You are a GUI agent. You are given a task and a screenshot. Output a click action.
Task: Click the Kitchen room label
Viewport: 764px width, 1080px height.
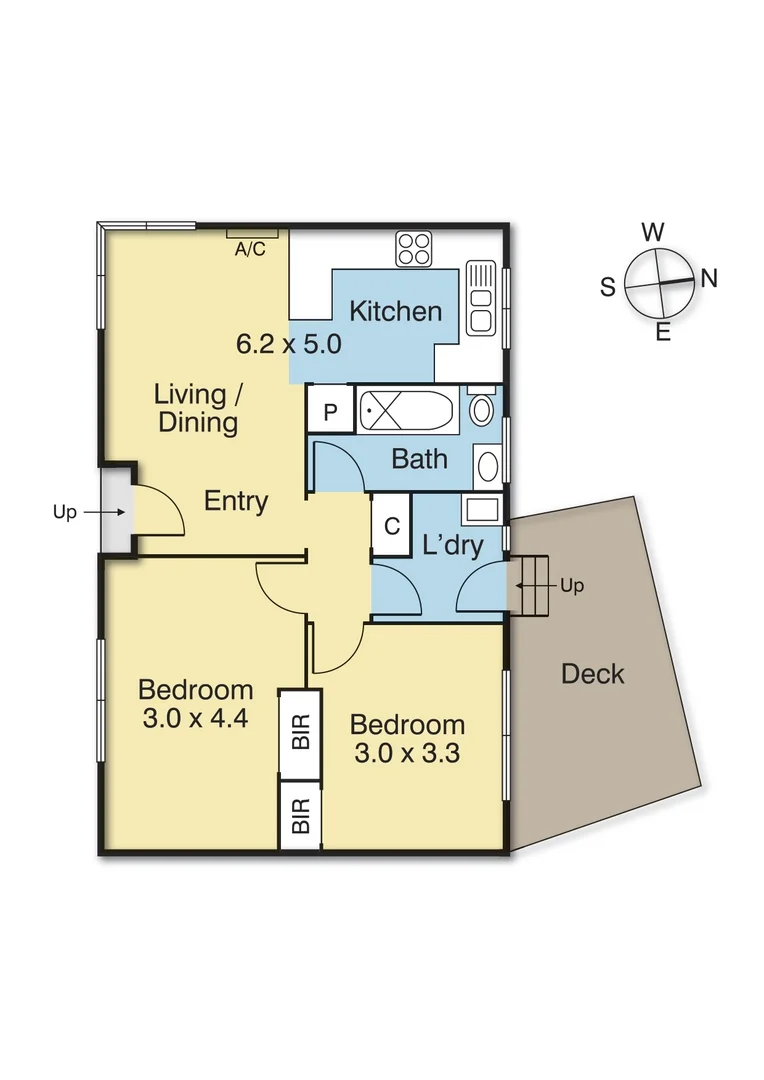pyautogui.click(x=395, y=311)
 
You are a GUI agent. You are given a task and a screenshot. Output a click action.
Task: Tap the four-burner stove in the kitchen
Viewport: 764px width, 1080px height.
pyautogui.click(x=412, y=247)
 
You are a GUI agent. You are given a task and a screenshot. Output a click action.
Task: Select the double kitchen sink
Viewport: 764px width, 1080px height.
pyautogui.click(x=480, y=297)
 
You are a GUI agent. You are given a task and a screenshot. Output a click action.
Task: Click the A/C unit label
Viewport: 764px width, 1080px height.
pyautogui.click(x=250, y=249)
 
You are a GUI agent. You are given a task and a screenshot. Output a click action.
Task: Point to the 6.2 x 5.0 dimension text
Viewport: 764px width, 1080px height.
pyautogui.click(x=289, y=345)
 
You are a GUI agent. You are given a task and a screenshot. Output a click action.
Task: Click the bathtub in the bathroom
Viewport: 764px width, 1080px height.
pyautogui.click(x=408, y=410)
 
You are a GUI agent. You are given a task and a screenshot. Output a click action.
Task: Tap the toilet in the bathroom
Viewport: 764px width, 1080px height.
pyautogui.click(x=481, y=408)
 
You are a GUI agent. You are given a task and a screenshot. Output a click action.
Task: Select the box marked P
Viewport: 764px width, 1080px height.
pyautogui.click(x=330, y=412)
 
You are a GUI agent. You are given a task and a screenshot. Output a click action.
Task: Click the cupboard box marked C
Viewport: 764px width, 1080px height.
pyautogui.click(x=392, y=526)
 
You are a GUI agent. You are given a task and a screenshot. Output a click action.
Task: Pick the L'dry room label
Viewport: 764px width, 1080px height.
pyautogui.click(x=453, y=546)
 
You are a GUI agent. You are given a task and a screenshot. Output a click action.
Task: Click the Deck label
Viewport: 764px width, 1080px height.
pyautogui.click(x=592, y=674)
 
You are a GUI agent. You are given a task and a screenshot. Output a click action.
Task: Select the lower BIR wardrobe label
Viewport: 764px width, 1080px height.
pyautogui.click(x=301, y=815)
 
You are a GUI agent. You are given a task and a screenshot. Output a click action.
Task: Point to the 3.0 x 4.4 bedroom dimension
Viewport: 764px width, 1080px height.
pyautogui.click(x=195, y=717)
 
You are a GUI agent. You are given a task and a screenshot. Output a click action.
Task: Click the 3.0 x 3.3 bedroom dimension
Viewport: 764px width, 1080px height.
pyautogui.click(x=407, y=752)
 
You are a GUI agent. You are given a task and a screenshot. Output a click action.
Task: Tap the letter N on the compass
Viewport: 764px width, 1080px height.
pyautogui.click(x=709, y=279)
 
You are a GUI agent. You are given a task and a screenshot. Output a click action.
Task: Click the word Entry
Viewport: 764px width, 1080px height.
pyautogui.click(x=236, y=501)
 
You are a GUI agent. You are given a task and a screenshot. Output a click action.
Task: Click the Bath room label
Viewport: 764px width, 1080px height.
pyautogui.click(x=419, y=459)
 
